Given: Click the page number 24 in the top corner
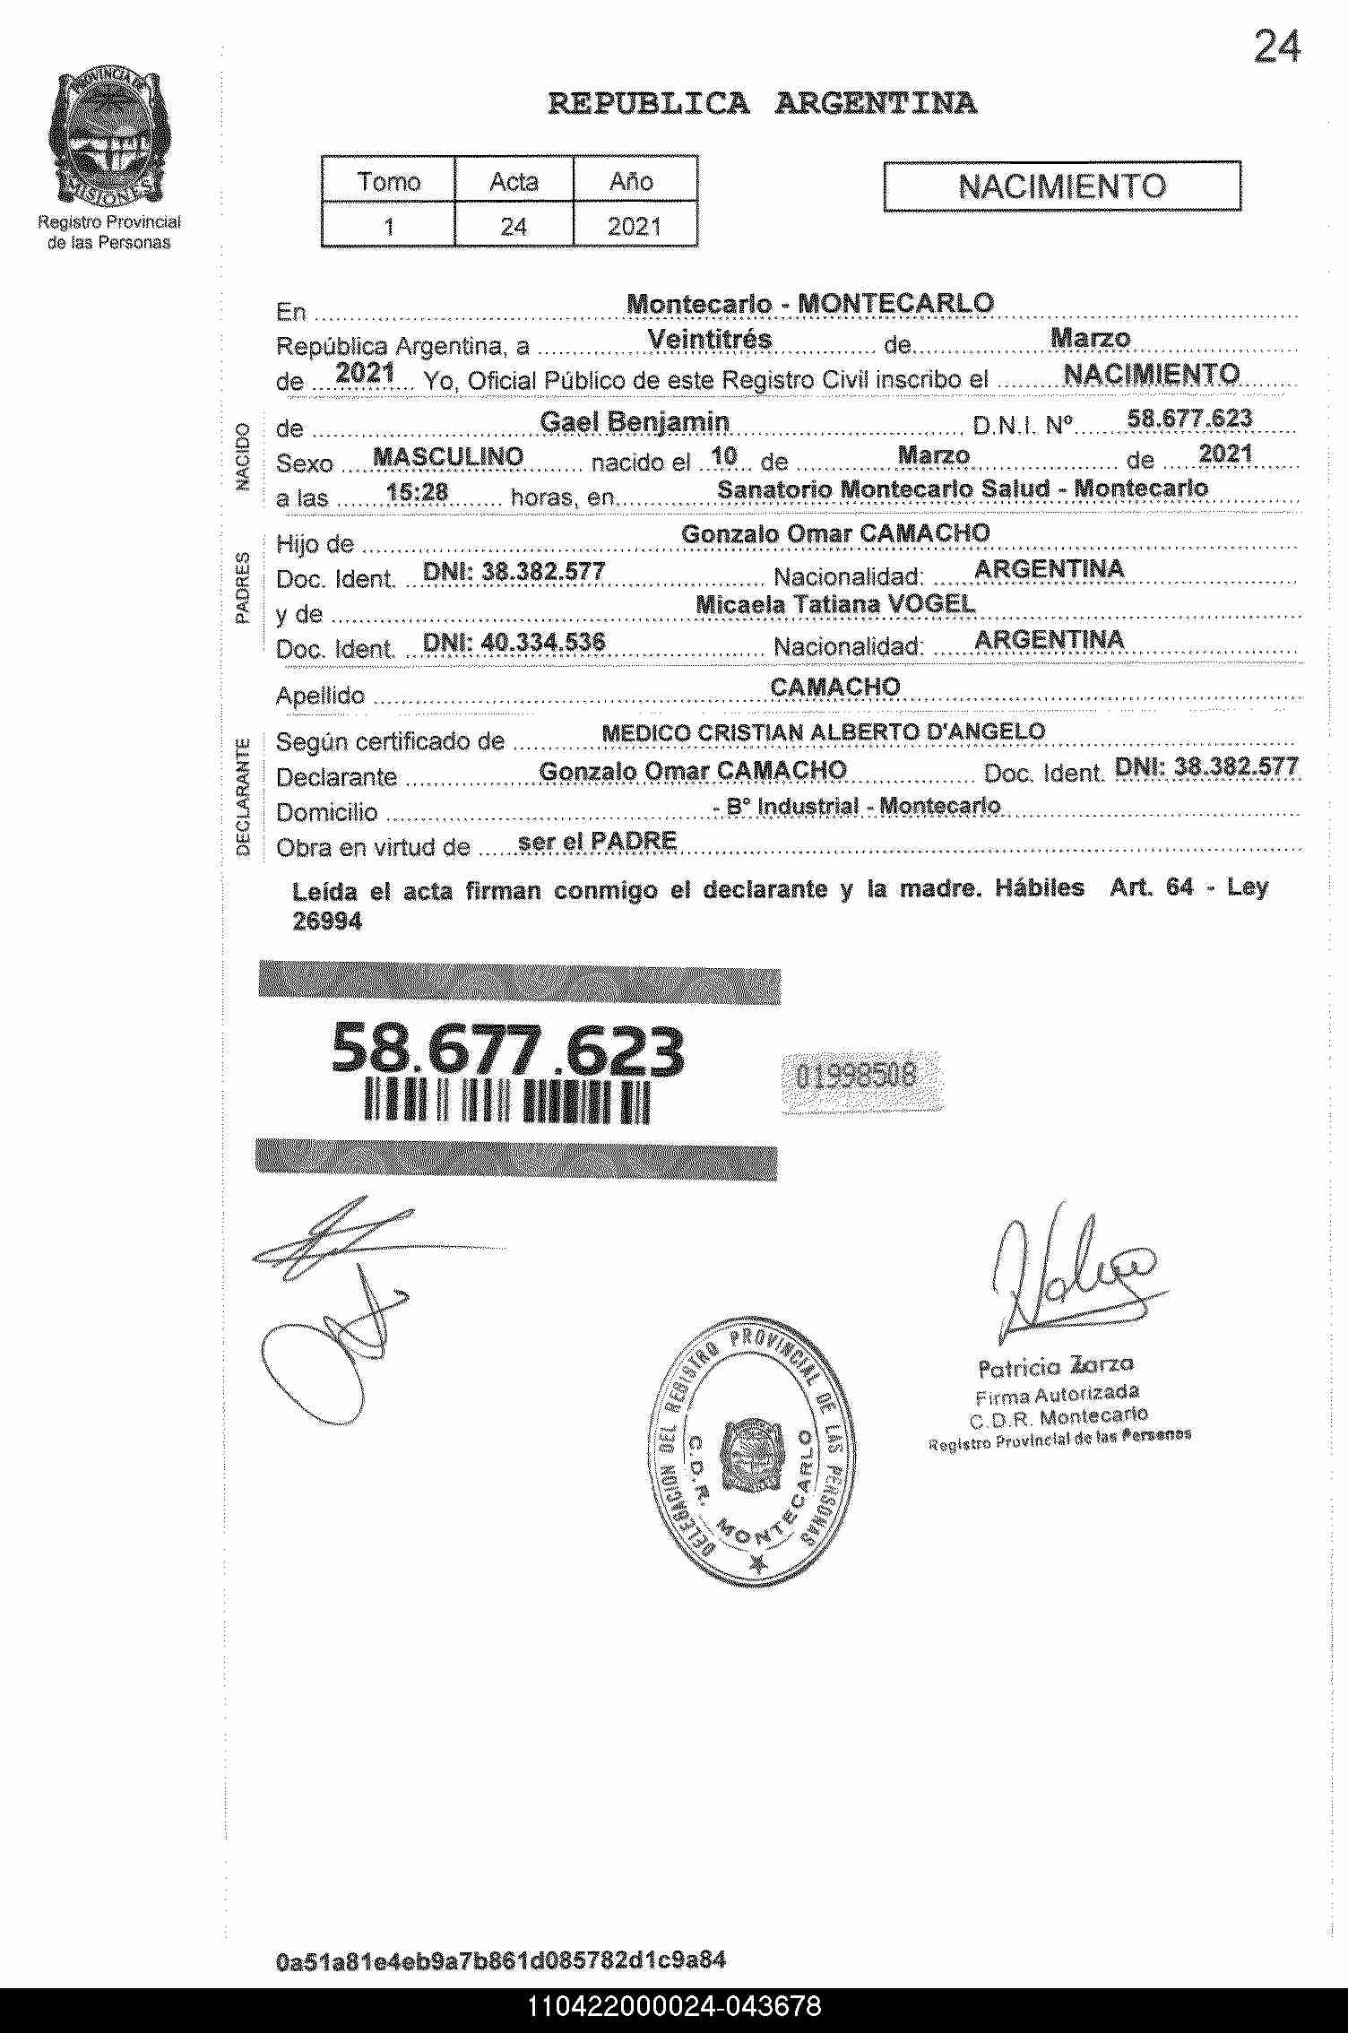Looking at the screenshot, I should coord(1276,48).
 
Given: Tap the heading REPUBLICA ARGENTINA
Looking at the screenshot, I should coord(762,104).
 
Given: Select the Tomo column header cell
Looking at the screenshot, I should coord(388,181).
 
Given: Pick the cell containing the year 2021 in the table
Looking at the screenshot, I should coord(634,226).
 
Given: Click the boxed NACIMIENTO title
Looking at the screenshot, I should coord(1062,186).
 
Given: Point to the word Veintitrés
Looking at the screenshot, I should coord(709,341).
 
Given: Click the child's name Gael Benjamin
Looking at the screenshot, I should coord(635,421).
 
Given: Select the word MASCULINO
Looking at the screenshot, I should coord(448,456).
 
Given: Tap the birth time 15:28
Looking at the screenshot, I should coord(417,491).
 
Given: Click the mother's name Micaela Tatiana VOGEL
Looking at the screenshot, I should coord(835,605).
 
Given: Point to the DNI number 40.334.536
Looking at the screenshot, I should coord(514,642).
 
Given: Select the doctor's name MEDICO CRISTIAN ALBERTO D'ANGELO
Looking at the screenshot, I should coord(823,732).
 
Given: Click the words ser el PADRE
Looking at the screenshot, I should coord(597,841).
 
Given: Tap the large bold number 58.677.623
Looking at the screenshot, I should coord(507,1050).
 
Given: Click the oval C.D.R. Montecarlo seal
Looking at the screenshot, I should coord(752,1451).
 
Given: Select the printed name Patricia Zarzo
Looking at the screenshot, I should coord(1056,1366).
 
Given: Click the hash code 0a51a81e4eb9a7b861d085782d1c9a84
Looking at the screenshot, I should coord(501,1960).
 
